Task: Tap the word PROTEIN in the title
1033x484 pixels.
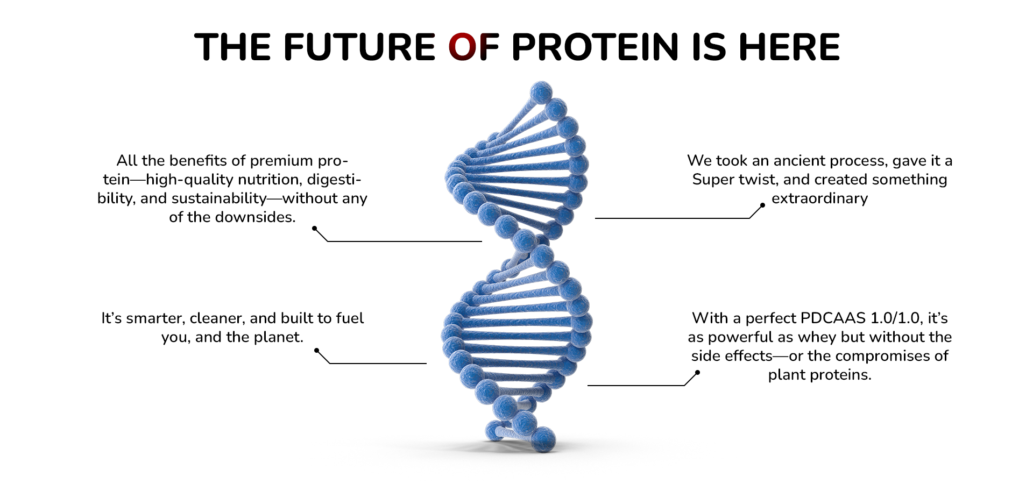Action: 595,47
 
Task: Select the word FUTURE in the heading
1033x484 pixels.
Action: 359,47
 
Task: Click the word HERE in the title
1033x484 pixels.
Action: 789,47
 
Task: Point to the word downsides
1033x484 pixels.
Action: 255,217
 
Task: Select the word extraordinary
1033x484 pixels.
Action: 819,198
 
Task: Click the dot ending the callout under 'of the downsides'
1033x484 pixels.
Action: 315,229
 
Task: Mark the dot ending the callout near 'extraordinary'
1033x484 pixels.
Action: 762,205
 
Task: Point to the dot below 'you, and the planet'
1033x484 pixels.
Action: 317,351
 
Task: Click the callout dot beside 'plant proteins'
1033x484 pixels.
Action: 697,372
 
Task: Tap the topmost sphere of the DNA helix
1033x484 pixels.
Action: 541,92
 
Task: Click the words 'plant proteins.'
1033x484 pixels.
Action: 819,375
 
